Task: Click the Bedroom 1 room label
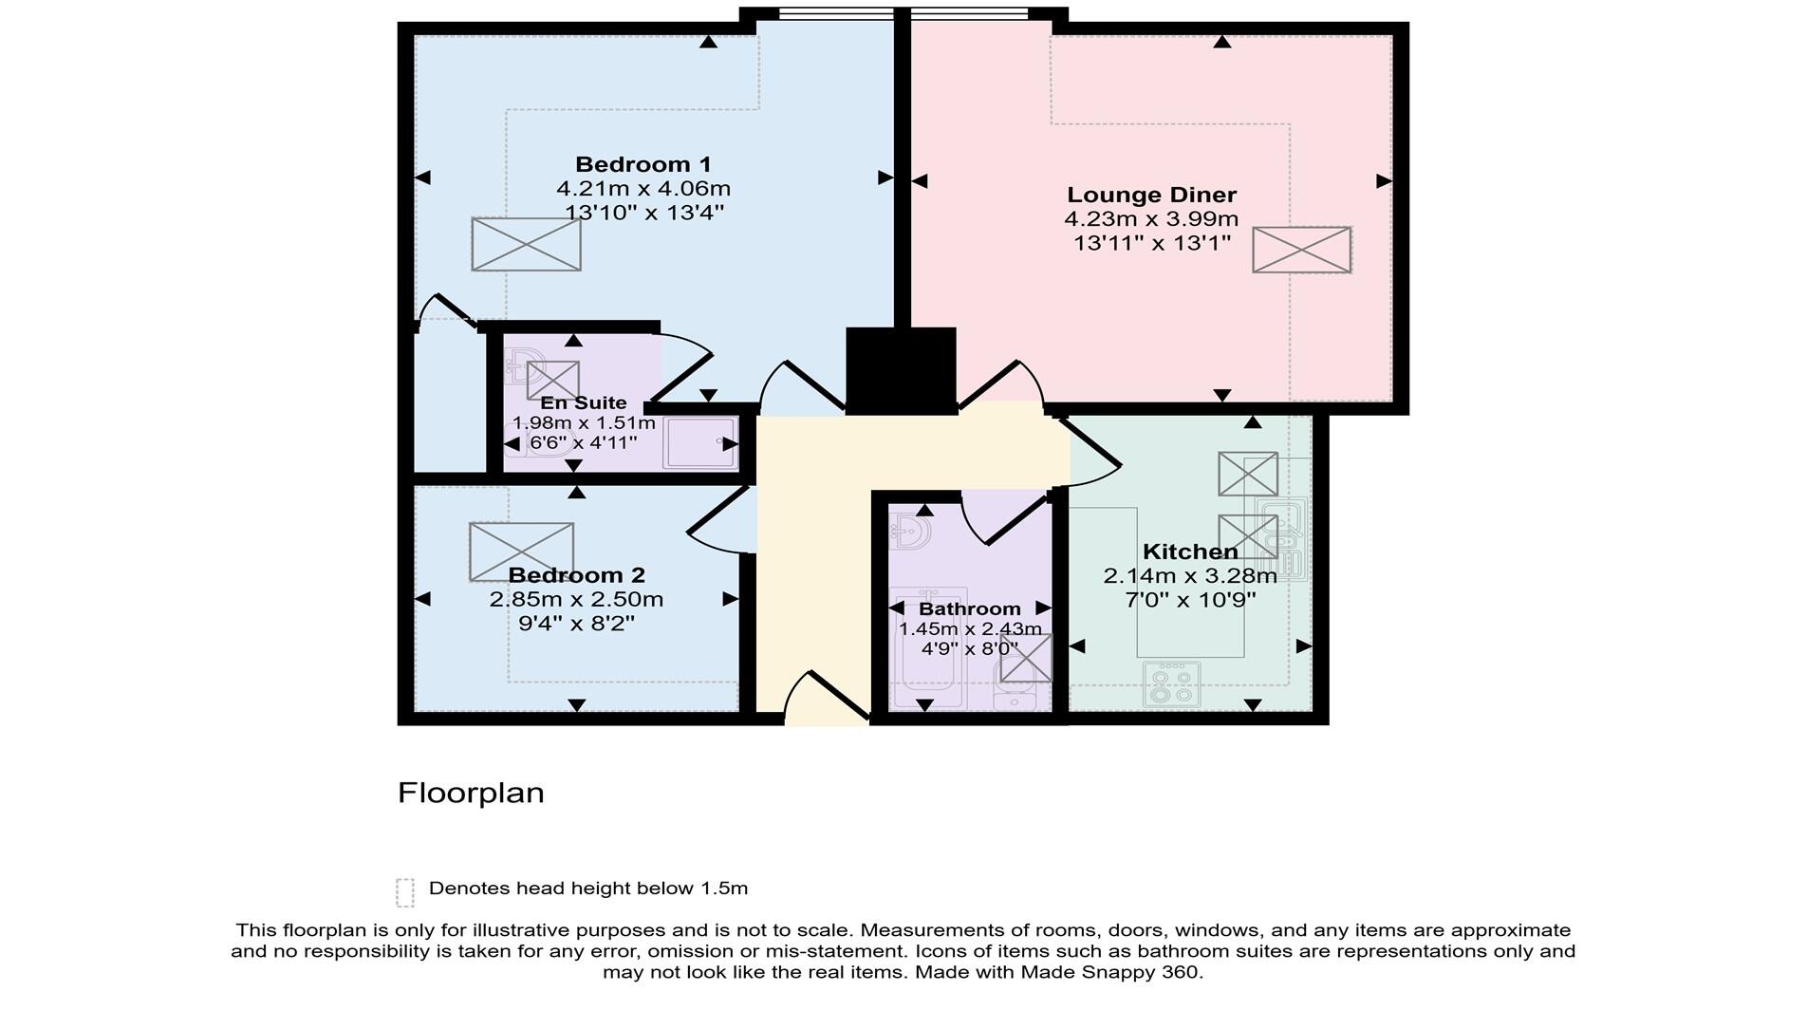[643, 164]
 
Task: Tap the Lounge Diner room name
[1151, 195]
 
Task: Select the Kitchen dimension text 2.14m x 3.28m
[1189, 575]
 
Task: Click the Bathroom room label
[969, 608]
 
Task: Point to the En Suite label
[583, 402]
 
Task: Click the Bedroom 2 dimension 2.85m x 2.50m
[576, 599]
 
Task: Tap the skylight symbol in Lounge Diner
[1301, 250]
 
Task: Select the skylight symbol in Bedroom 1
[526, 244]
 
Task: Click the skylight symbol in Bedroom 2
[521, 552]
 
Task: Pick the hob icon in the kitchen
[1172, 683]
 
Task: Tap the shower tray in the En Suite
[699, 442]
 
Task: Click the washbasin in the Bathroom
[911, 531]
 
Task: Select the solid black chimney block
[901, 370]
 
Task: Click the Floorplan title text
[470, 793]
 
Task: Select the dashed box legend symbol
[405, 892]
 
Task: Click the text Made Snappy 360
[1109, 972]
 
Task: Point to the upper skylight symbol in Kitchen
[1247, 474]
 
